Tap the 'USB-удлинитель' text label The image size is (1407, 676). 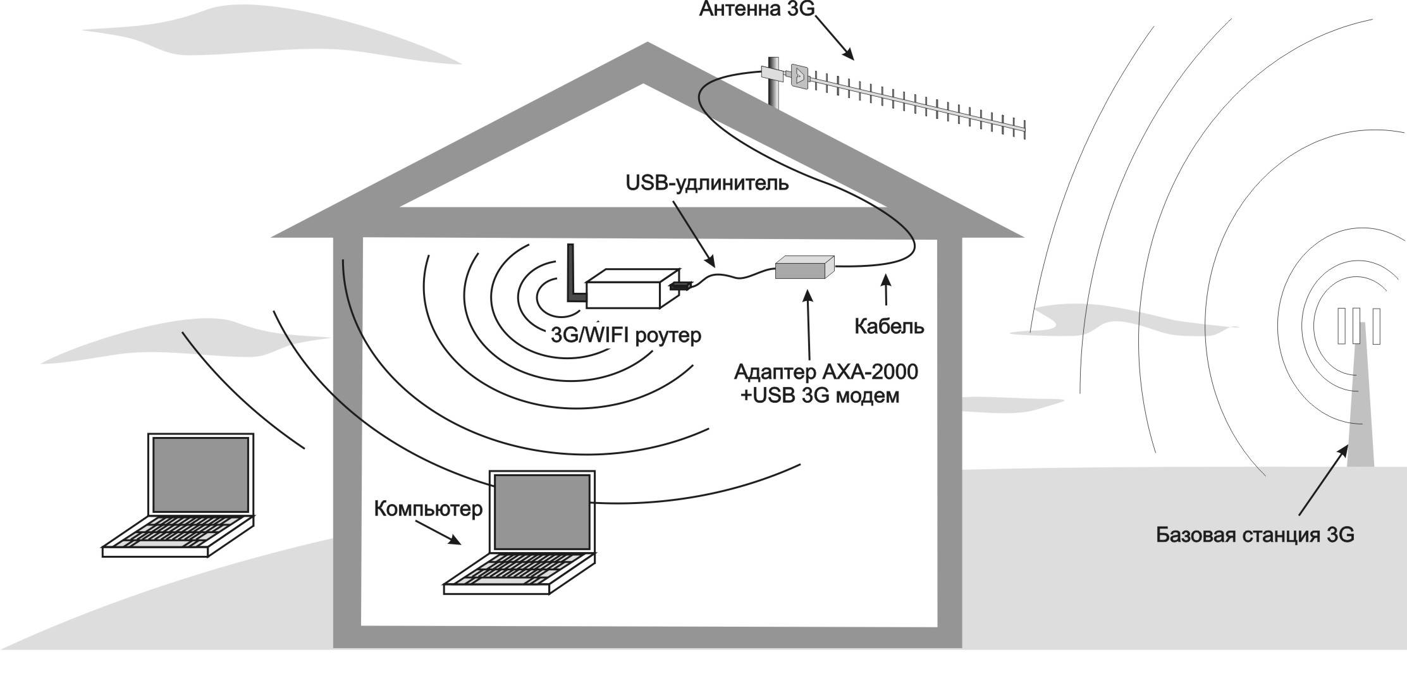pos(707,183)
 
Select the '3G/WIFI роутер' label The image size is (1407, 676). pos(626,335)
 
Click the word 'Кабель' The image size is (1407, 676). pos(888,326)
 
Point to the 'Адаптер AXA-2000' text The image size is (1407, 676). pos(826,372)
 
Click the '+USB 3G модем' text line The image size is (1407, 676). pos(820,396)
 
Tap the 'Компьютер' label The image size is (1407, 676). pos(428,508)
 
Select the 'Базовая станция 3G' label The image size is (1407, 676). pos(1255,535)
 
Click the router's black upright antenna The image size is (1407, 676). pos(572,272)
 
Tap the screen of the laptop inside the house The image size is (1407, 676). pos(542,512)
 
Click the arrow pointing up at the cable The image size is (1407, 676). pos(886,292)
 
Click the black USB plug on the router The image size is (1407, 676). pos(679,286)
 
